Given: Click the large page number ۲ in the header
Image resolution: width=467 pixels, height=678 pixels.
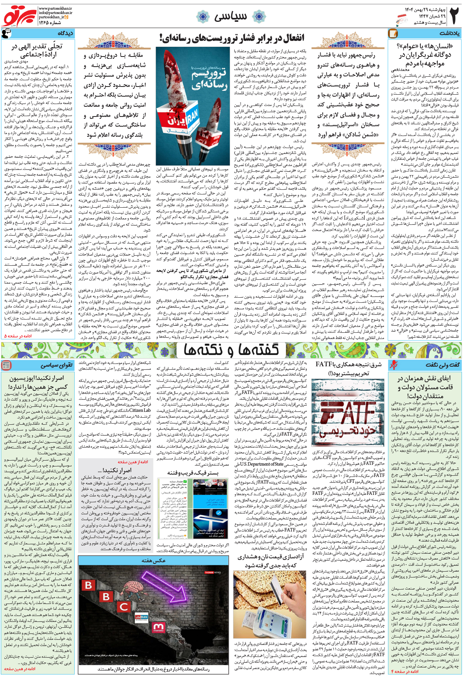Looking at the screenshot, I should pos(454,16).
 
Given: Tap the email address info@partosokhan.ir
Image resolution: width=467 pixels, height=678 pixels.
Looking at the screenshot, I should pos(55,12).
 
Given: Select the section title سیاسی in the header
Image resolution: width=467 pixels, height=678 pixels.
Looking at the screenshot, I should pos(230,16).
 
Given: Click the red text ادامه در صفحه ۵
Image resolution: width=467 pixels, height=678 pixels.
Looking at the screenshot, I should pos(18,335).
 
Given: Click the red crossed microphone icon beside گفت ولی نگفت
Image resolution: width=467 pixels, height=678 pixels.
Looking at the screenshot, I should pos(393,365).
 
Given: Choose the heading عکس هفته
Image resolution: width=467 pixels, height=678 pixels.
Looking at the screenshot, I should pos(154,560).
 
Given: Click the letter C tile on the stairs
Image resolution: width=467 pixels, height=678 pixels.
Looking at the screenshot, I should pos(124,607).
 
